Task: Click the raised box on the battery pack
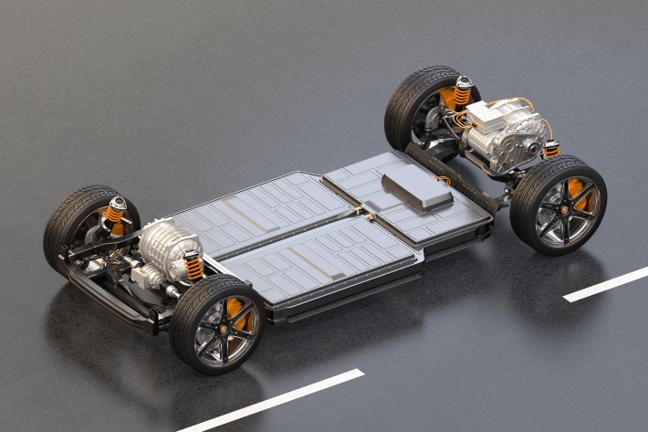pos(416,188)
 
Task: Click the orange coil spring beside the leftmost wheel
pos(113,216)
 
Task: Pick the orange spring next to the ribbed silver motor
pos(193,266)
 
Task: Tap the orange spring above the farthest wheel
pos(462,94)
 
